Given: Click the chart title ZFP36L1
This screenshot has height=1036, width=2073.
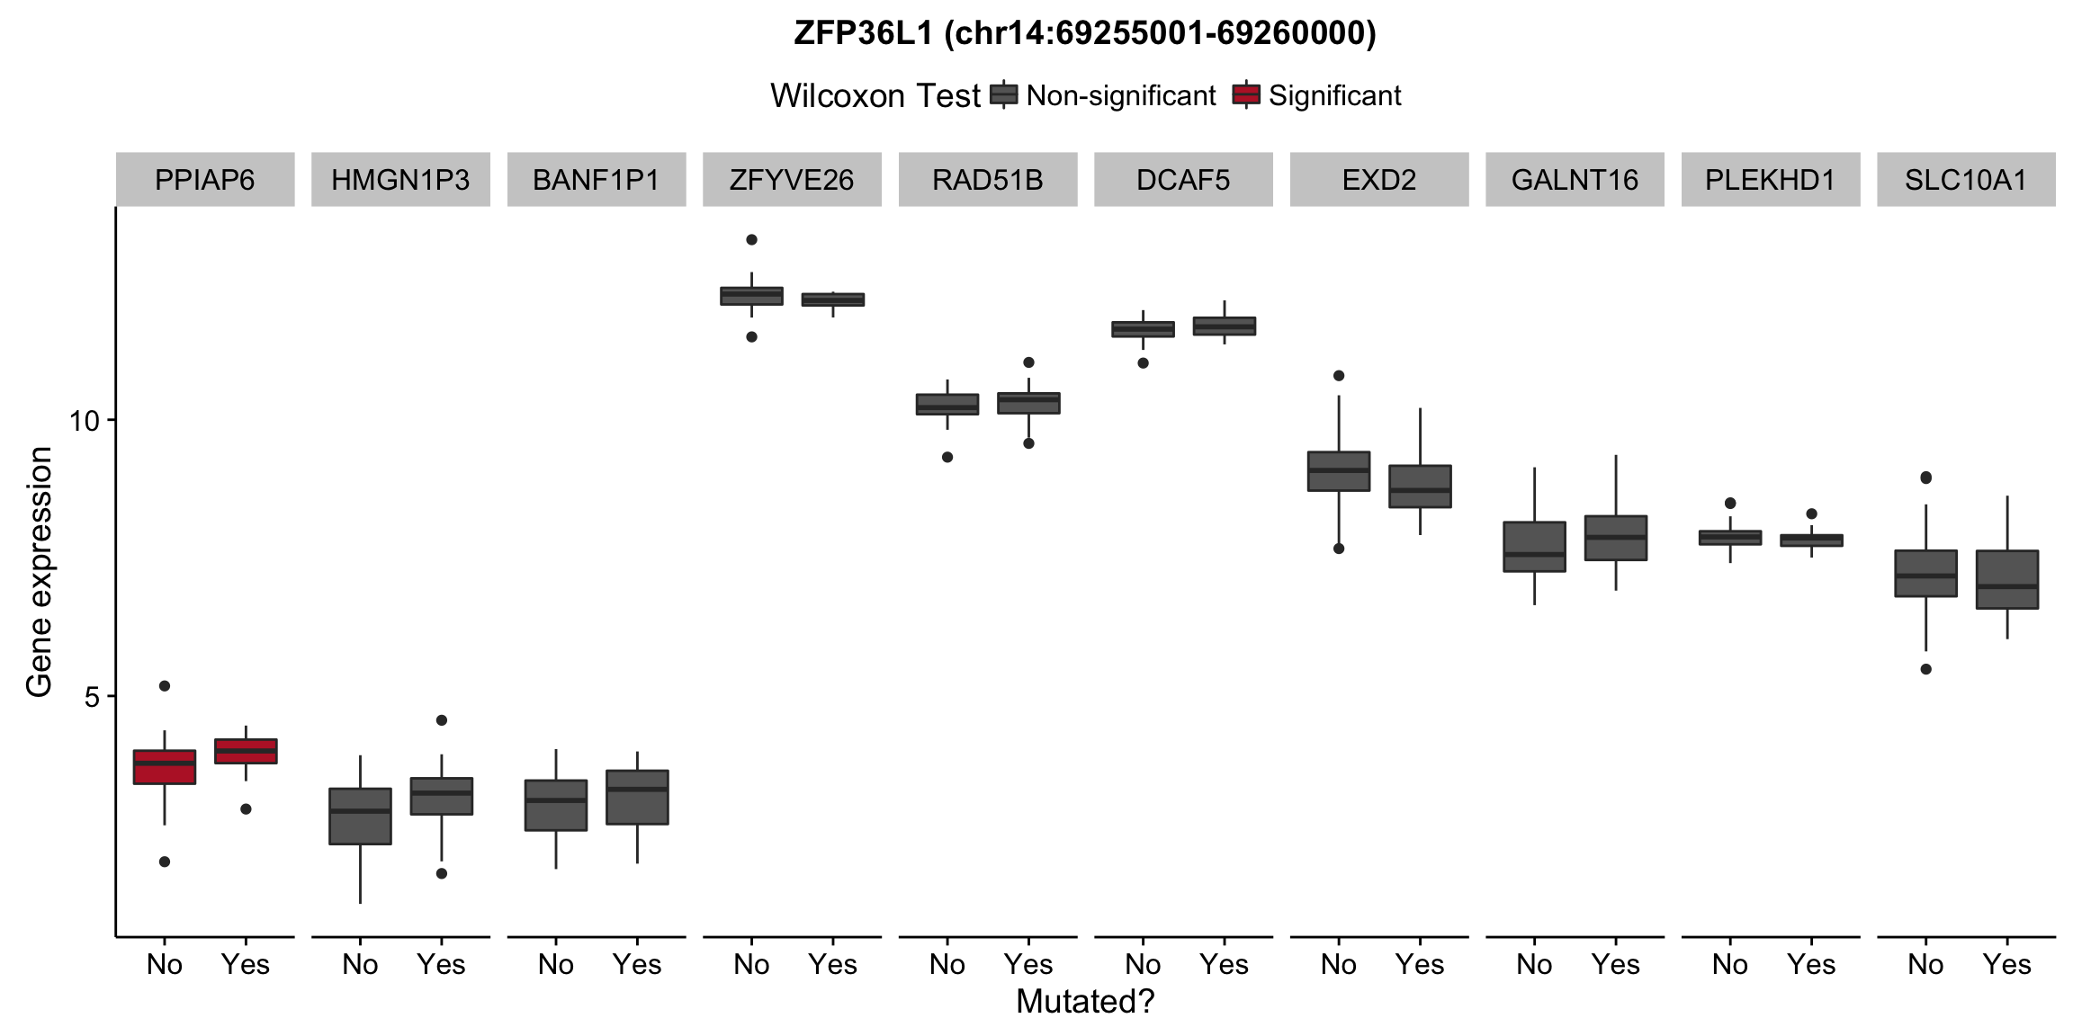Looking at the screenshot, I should coord(1084,33).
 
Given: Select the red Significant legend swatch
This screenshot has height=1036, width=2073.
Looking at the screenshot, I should coord(1246,94).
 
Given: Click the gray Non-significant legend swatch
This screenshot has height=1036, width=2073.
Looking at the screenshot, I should coord(1003,94).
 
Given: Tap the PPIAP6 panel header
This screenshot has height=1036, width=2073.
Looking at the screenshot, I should coord(204,180).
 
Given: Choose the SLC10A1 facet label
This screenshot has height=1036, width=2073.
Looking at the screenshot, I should coord(1966,180).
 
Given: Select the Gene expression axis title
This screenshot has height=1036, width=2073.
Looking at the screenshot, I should coord(39,572).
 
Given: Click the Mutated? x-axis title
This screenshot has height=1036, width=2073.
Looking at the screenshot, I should coord(1084,1001).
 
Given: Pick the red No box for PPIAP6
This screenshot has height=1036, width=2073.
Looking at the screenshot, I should coord(165,767).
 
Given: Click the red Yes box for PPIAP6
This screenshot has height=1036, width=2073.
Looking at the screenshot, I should coord(246,751).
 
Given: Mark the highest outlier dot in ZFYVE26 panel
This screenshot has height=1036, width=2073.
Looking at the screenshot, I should coord(751,240).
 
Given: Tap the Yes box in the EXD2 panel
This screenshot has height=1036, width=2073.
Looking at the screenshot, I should coord(1420,487).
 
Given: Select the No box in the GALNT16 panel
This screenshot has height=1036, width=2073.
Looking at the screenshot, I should coord(1534,546).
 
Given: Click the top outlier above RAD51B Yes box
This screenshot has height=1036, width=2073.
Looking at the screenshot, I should coord(1028,362).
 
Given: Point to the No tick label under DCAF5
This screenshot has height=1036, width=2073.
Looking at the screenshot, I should coord(1143,964).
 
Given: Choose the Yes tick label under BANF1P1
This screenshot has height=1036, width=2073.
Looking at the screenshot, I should coord(637,964).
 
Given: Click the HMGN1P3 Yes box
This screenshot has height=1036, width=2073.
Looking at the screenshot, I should coord(441,796).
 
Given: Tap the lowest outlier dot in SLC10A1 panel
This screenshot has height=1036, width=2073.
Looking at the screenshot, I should coord(1925,669).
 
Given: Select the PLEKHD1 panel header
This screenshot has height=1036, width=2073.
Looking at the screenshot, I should coord(1770,180).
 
